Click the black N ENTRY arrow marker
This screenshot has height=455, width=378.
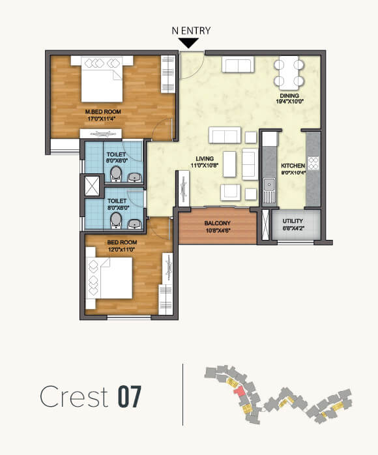[x=189, y=43]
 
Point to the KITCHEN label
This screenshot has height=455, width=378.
[x=293, y=169]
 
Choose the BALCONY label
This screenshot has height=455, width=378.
[x=218, y=226]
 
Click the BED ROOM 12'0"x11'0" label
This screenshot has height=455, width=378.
[x=122, y=245]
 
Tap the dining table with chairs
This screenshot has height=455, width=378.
[x=289, y=73]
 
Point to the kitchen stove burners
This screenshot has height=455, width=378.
[x=312, y=164]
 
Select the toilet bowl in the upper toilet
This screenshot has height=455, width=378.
[x=117, y=173]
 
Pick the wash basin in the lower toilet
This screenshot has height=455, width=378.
[x=135, y=224]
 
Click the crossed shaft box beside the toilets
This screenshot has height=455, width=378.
[x=91, y=186]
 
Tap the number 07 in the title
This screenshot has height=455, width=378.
[x=129, y=398]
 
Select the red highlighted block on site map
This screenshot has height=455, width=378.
[x=239, y=390]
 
